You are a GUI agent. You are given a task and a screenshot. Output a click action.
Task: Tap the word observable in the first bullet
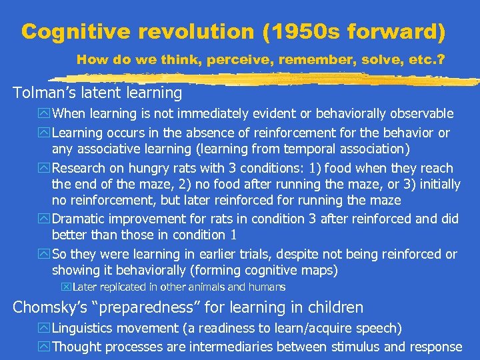point(417,114)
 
